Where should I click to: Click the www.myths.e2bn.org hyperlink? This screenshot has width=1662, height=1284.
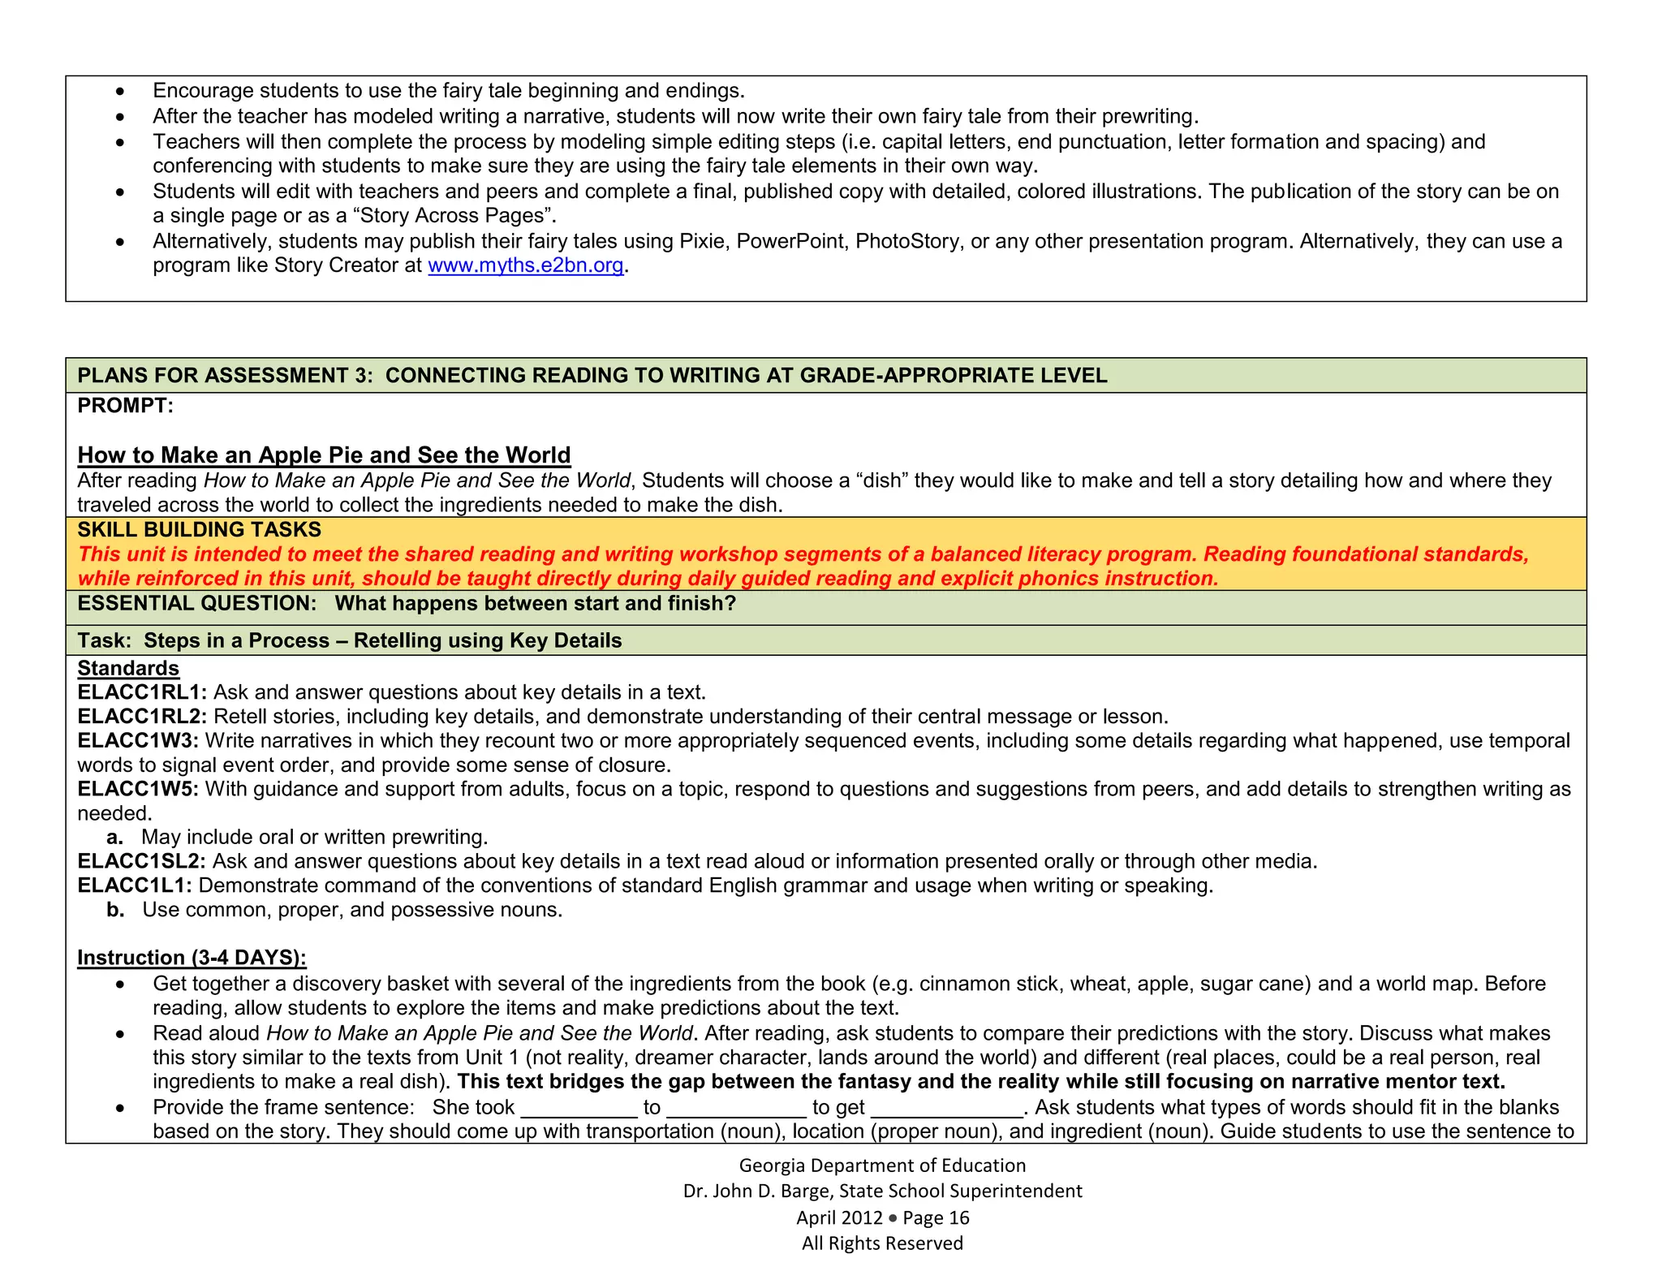(525, 265)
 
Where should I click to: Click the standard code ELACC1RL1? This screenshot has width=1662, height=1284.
(141, 692)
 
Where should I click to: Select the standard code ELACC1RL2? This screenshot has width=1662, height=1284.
(141, 717)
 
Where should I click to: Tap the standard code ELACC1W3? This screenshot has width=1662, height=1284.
(138, 741)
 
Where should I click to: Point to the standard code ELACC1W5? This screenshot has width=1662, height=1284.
(138, 789)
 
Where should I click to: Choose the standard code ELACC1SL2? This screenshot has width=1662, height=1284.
(141, 861)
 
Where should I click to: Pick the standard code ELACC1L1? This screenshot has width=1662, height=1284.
(135, 885)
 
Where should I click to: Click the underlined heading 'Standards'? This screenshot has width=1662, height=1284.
(128, 668)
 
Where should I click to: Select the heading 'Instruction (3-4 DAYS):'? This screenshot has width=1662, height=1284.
(192, 958)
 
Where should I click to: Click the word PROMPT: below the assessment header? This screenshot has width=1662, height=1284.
(126, 406)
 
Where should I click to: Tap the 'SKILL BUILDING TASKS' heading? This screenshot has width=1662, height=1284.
(200, 530)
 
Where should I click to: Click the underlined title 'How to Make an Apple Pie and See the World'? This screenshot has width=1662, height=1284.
(324, 455)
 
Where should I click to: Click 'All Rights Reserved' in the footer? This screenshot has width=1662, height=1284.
(882, 1243)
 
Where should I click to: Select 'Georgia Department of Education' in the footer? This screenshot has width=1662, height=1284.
(882, 1166)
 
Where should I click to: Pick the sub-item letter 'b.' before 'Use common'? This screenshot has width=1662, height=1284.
(115, 910)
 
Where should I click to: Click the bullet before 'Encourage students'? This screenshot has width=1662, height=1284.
(120, 91)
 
